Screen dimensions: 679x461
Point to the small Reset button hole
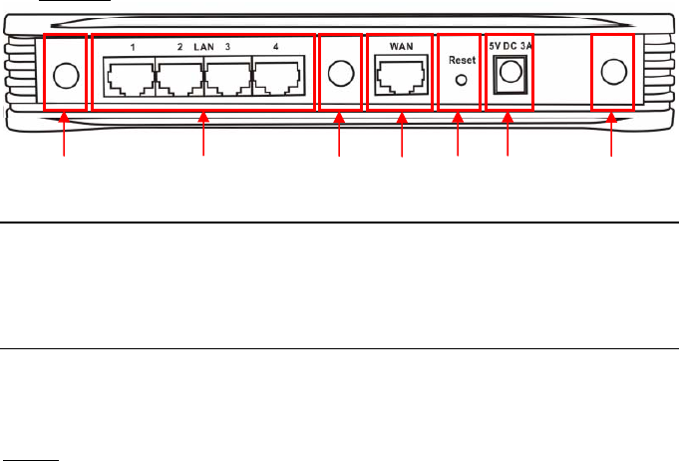pos(460,81)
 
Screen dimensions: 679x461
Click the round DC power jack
pos(509,71)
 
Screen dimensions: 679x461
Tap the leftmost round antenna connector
pos(65,74)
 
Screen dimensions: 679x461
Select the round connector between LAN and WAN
pos(340,74)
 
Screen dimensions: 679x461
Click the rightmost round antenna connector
pos(612,72)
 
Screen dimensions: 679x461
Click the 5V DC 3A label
pos(509,46)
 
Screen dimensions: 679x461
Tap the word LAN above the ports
pos(203,47)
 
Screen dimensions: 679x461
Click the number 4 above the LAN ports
pos(275,47)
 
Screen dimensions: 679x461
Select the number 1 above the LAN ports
pos(131,47)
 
